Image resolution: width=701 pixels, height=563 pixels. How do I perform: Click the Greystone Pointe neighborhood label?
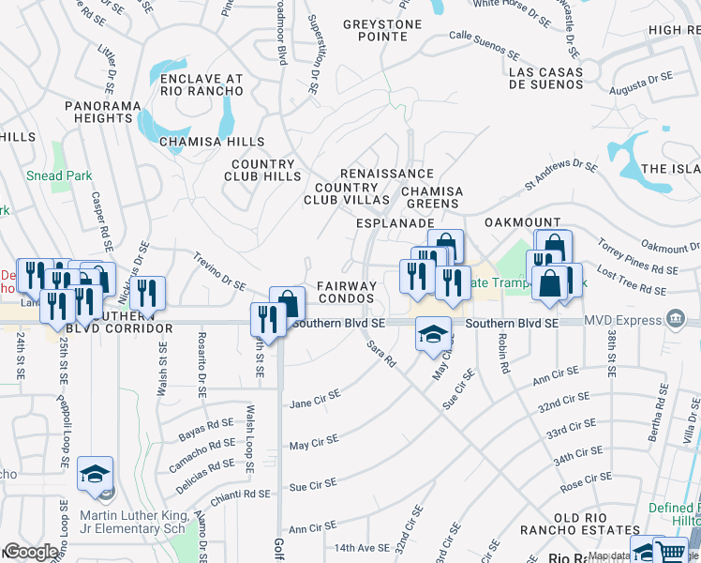(x=375, y=30)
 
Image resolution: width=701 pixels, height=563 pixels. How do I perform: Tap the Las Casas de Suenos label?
(x=544, y=78)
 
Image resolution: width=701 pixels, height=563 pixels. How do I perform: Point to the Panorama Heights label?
(x=98, y=113)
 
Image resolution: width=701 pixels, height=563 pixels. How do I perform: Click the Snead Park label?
(x=58, y=175)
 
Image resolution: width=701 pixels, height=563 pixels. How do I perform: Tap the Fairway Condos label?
(x=346, y=292)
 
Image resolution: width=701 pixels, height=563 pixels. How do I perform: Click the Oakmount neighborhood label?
(x=522, y=222)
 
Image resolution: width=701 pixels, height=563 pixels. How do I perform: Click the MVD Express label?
(x=624, y=321)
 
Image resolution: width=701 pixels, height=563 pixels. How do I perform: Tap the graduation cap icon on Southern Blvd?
(x=432, y=335)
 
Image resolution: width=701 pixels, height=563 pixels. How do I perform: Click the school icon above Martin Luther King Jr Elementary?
(x=95, y=473)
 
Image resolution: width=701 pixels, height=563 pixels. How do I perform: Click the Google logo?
(x=31, y=552)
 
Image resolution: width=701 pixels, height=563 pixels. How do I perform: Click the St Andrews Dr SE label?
(x=560, y=174)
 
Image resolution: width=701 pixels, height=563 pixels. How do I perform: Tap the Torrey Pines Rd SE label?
(x=636, y=257)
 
